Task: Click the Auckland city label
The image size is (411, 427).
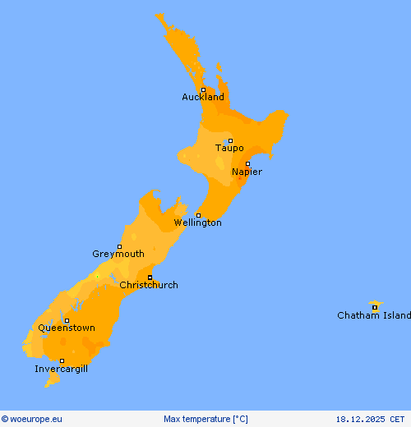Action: (203, 98)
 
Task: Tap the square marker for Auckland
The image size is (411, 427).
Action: (203, 90)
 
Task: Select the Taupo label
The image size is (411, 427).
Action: (229, 149)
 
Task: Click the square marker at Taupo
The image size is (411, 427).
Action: (230, 140)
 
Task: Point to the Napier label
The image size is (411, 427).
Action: (247, 172)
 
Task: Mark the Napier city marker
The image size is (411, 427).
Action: (247, 163)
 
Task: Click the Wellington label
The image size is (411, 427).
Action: (197, 223)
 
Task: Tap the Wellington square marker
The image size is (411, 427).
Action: (198, 215)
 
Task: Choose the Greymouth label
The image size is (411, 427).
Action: (118, 255)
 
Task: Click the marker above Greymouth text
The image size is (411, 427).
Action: (119, 246)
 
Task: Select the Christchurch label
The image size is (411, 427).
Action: (149, 286)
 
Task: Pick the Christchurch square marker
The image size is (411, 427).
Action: (150, 278)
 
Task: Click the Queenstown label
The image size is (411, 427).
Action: (67, 328)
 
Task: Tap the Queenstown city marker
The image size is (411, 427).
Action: (67, 321)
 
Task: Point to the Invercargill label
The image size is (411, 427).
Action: (61, 370)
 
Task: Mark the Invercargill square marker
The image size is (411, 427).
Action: (62, 360)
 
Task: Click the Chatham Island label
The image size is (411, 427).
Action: (373, 316)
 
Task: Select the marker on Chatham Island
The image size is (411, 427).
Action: (375, 308)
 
